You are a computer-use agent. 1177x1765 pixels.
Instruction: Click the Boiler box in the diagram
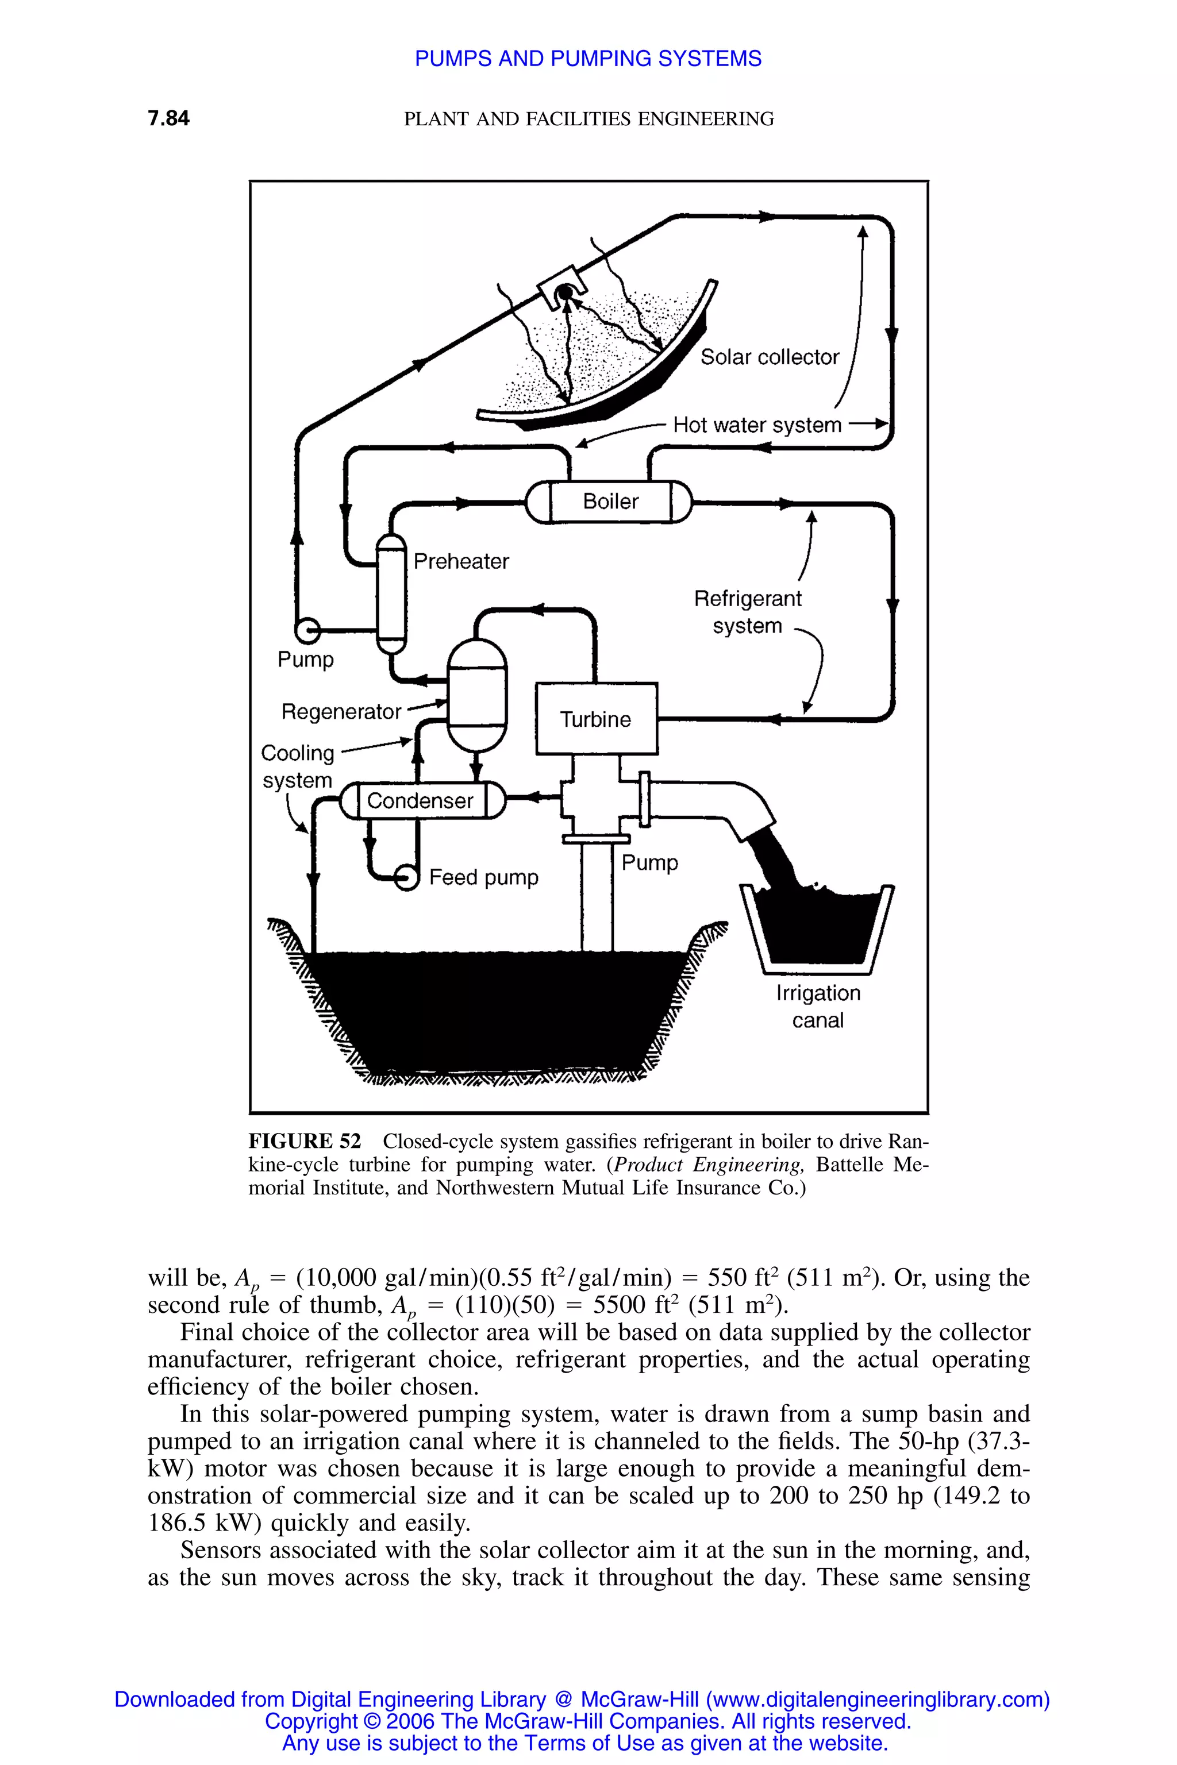[x=610, y=501]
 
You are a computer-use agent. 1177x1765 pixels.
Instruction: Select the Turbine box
[x=596, y=719]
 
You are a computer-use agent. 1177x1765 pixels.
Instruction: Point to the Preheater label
[x=461, y=561]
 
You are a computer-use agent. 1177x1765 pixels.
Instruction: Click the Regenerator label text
[x=341, y=711]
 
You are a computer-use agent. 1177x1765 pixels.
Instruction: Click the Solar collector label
[x=770, y=357]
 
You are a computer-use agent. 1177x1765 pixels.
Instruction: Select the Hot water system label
[x=757, y=426]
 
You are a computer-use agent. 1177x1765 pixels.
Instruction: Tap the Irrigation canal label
[x=818, y=1007]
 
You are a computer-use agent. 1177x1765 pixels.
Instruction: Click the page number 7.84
[x=169, y=118]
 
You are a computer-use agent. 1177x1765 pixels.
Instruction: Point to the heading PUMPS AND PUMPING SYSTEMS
[x=588, y=59]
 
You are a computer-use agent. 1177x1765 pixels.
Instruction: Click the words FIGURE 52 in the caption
[x=305, y=1142]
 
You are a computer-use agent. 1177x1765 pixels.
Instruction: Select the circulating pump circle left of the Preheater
[x=307, y=630]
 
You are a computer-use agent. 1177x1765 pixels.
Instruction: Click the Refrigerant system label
[x=748, y=611]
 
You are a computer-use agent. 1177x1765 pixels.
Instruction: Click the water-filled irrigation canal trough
[x=817, y=927]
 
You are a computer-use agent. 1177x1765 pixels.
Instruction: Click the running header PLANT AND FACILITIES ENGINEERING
[x=588, y=118]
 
